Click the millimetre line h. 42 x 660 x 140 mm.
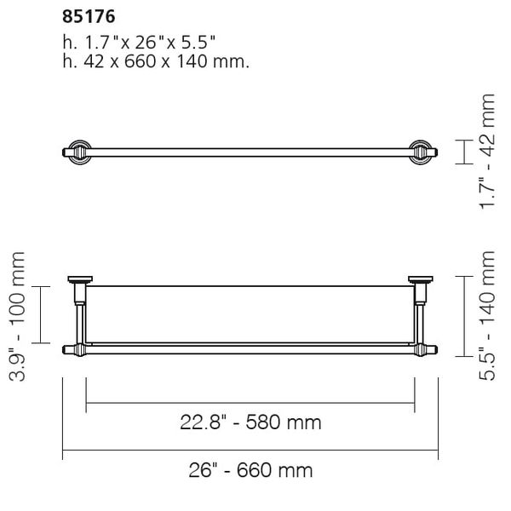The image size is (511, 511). coord(156,62)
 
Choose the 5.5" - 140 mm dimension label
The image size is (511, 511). coord(486,314)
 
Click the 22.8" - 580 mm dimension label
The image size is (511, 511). coord(250,422)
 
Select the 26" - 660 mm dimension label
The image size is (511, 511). coord(250,470)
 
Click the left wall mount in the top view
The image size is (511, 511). coord(77,152)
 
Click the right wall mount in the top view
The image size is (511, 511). coord(420,152)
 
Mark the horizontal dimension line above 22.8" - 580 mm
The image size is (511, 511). coord(250,401)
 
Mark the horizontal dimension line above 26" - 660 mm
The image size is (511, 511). coord(250,451)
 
